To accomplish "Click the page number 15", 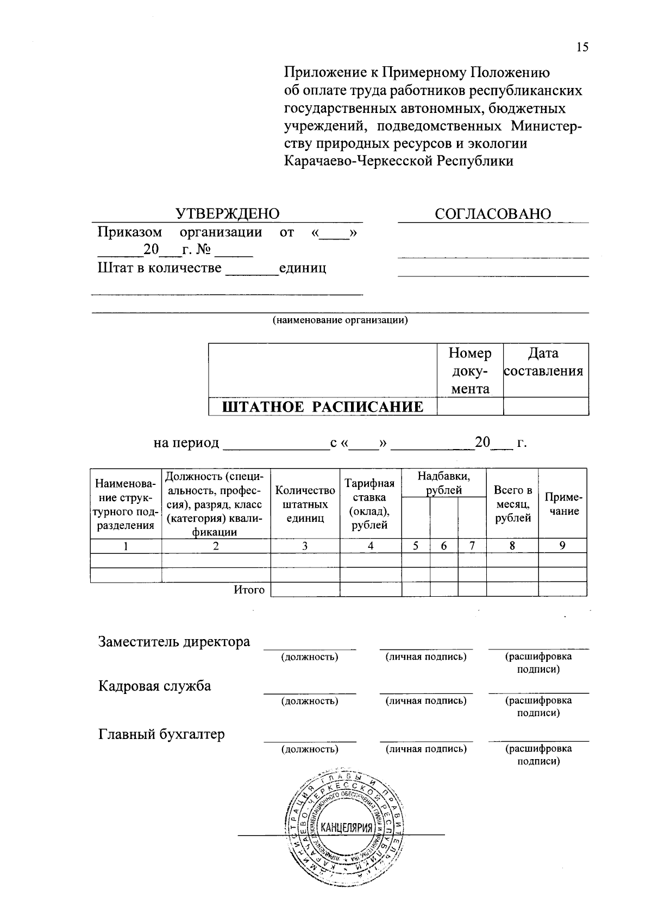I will tap(582, 47).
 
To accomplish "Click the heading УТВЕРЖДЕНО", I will tap(227, 214).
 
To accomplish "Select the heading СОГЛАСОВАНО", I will tap(492, 214).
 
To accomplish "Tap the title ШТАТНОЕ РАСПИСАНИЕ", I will tap(323, 407).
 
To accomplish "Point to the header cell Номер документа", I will tap(470, 371).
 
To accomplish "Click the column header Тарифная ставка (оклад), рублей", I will tap(369, 504).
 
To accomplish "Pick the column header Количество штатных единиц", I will tap(305, 504).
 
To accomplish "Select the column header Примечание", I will tap(563, 504).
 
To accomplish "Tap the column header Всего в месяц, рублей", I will tap(512, 504).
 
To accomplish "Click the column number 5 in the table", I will tap(416, 546).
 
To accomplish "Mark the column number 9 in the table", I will tap(562, 546).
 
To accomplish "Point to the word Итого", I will tap(249, 590).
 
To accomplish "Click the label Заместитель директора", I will tap(174, 642).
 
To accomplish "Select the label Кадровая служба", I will tap(154, 686).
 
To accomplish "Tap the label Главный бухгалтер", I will tap(161, 735).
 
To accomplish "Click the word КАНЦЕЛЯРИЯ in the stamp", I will tap(347, 828).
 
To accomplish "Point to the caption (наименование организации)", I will tap(340, 320).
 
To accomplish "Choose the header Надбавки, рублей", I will tap(443, 483).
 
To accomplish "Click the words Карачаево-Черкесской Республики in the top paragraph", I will tap(399, 161).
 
